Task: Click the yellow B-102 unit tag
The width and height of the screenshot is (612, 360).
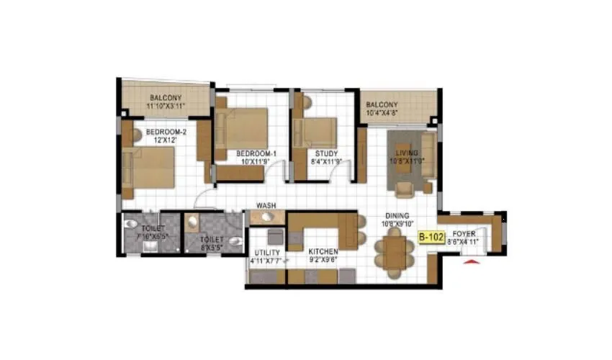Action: coord(431,235)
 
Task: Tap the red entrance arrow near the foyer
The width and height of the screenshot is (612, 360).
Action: coord(471,264)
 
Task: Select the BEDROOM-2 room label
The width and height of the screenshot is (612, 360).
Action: coord(166,132)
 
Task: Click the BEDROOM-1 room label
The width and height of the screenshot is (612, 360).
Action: coord(256,153)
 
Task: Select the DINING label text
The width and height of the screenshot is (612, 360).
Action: coord(397,215)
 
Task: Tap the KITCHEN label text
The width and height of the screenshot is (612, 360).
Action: coord(323,252)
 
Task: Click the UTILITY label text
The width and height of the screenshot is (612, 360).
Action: coord(266,253)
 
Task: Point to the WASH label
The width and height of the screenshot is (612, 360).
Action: coord(266,206)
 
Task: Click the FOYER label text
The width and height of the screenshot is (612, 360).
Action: coord(463,235)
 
